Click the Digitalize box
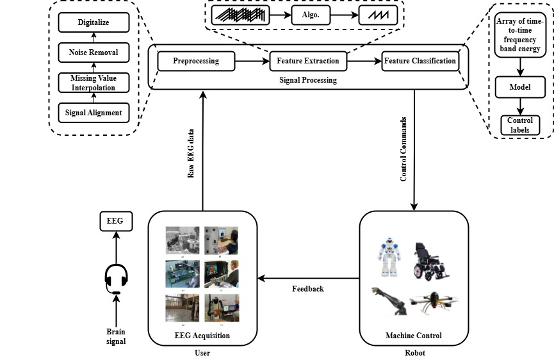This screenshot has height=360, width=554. coord(94,22)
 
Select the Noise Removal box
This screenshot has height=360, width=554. coord(94,53)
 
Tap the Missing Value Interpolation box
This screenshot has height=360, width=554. coord(94,82)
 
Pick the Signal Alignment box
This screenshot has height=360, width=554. coord(94,112)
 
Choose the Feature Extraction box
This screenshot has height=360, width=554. coord(308,61)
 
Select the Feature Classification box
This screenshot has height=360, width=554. coord(420,61)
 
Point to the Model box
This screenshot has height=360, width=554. coord(519,87)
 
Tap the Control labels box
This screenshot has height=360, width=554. coord(519,124)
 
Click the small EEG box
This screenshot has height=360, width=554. coord(116,222)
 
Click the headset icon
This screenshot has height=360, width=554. coord(116,279)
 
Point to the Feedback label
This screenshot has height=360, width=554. coord(308,289)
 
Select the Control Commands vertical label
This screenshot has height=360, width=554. coord(403,149)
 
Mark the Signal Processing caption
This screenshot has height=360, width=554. coord(308,80)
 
